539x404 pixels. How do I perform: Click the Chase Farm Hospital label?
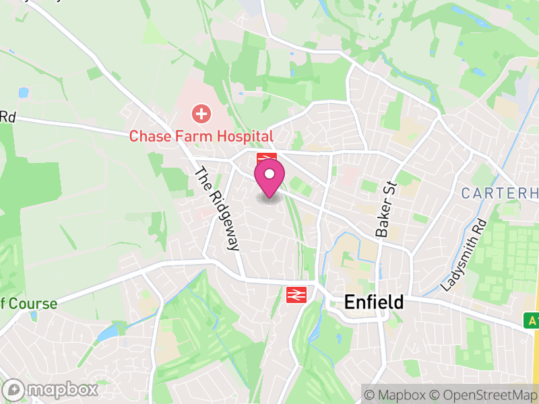pos(201,136)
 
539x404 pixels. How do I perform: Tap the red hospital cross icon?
pos(201,113)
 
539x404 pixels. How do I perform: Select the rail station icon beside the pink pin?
pos(267,160)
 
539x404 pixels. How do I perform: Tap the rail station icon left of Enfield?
pos(295,294)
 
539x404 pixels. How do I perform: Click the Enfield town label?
pos(374,302)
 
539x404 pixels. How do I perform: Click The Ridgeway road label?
pos(217,209)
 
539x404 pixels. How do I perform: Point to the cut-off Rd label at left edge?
pos(7,116)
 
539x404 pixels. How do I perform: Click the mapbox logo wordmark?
pos(61,389)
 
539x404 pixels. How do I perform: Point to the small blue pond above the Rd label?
pos(24,92)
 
